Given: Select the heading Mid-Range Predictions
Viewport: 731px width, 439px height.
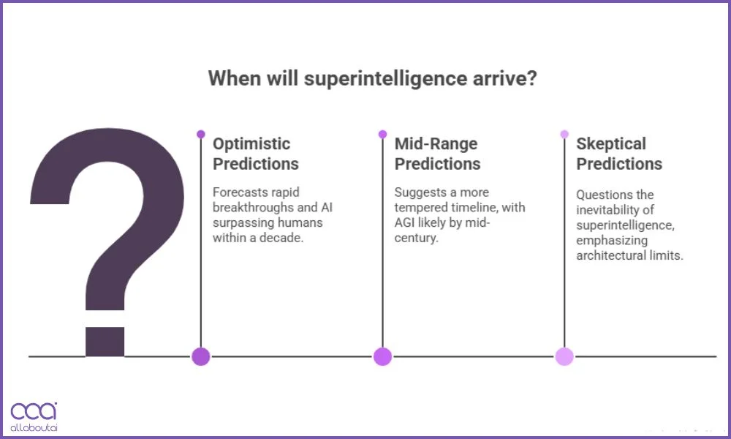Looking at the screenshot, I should (437, 154).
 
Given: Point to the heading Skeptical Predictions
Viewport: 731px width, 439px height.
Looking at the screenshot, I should (618, 154).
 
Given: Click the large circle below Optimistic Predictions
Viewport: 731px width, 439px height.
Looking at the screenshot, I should (201, 356).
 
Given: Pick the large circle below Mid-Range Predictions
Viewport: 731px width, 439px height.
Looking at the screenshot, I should (382, 356).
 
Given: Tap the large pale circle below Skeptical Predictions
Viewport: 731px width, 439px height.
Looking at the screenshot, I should (564, 356).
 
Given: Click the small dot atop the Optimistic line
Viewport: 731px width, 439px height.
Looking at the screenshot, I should (201, 134).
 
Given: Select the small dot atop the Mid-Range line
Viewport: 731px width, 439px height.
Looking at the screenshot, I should (382, 134).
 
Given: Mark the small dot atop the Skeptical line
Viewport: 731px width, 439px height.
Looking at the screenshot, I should (564, 134).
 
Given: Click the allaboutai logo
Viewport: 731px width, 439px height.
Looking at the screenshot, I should (34, 416).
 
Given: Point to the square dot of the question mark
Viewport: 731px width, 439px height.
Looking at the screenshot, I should (105, 341).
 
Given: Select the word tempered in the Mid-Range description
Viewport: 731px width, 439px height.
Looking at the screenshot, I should (420, 207).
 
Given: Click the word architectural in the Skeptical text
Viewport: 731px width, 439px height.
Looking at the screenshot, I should (610, 255).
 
